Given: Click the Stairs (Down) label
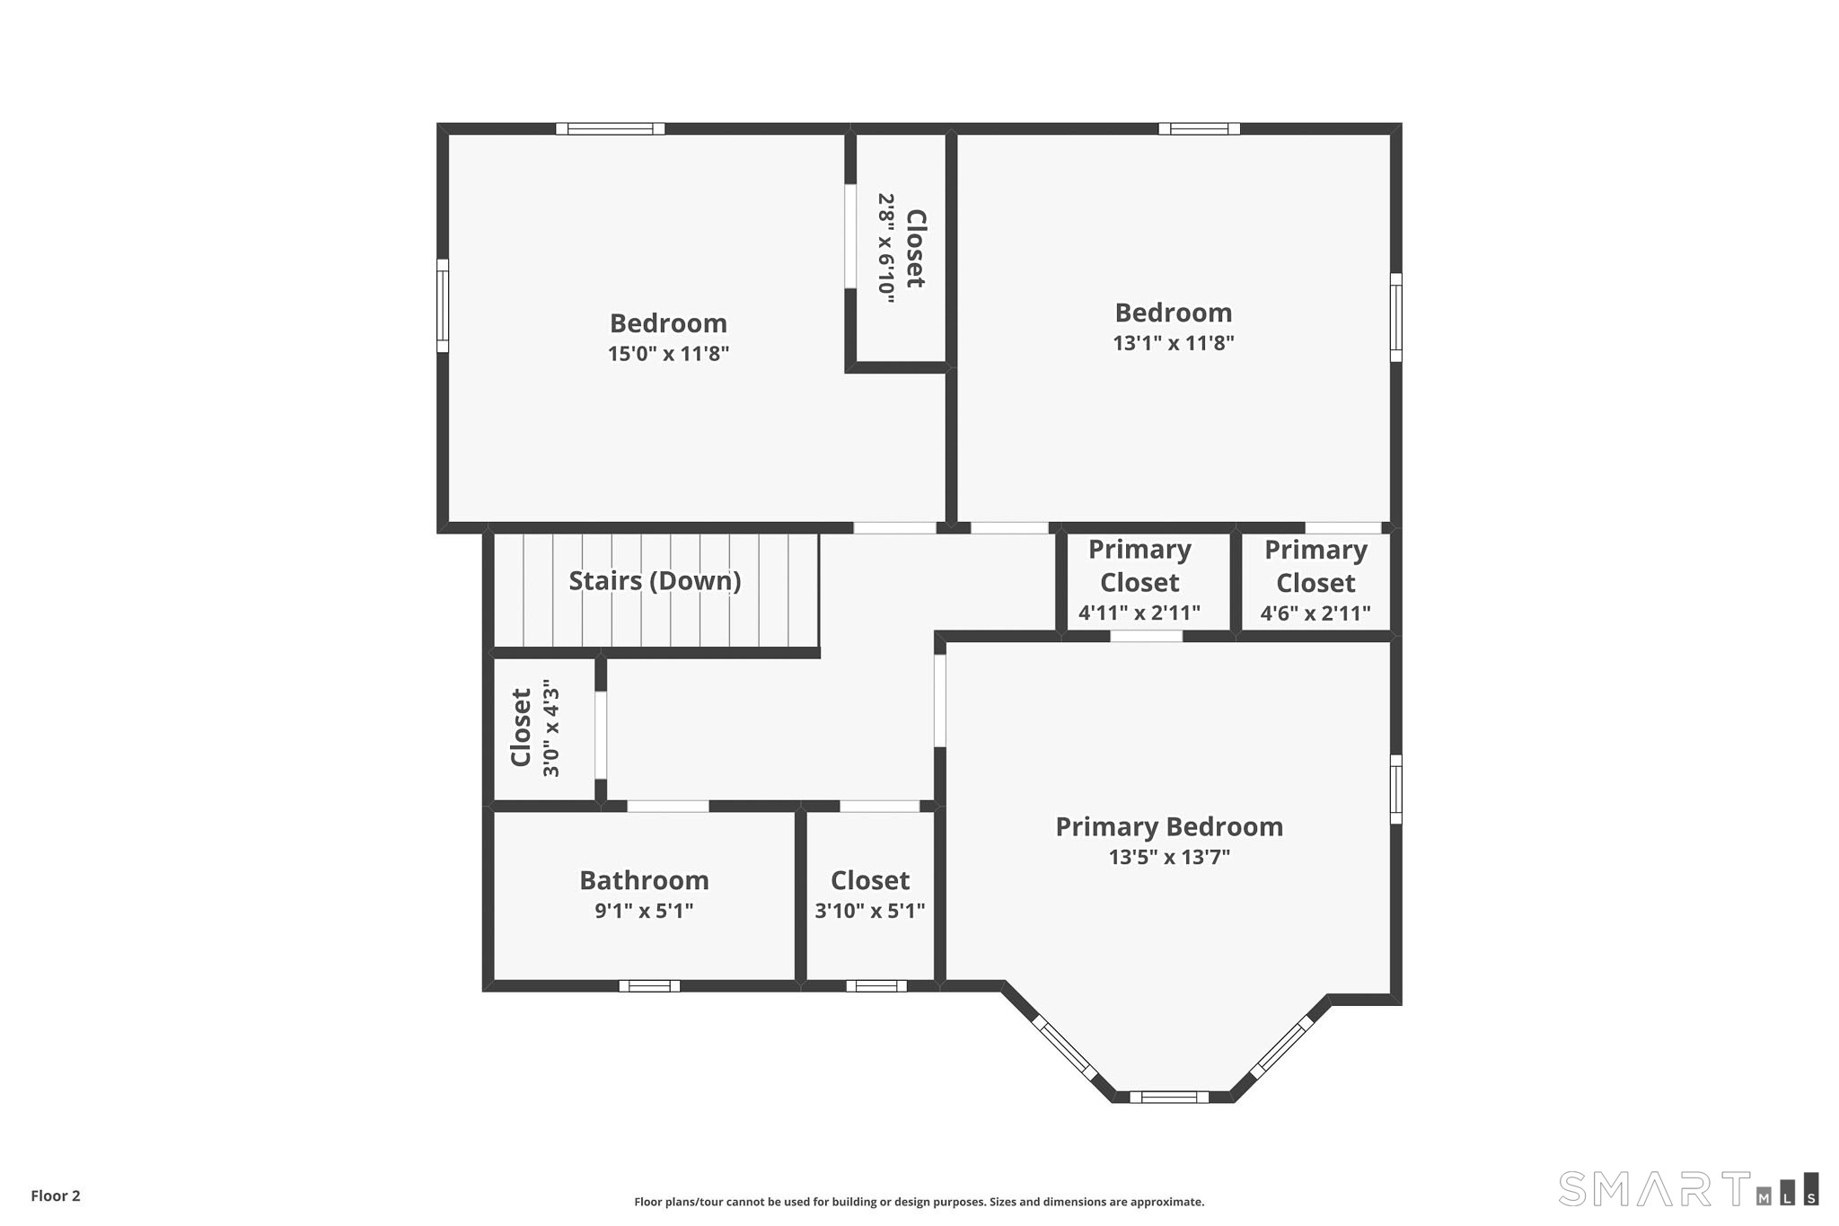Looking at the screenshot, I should coord(655,581).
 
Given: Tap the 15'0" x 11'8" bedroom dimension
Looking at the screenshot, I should coord(668,354).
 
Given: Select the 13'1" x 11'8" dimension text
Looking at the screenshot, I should coord(1173,343).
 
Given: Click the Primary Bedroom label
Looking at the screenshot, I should coord(1168,826).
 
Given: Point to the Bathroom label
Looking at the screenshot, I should coord(644,880).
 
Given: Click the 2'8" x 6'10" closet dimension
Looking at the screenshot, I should coord(886,248).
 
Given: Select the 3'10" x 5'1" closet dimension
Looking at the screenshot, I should coord(869,911).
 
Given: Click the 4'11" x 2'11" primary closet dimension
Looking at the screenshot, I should coord(1139,613).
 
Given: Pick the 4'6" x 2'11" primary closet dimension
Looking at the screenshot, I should coord(1315,613).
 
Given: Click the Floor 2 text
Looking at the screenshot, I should coord(56,1195).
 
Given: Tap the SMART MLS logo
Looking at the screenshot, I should coord(1688,1188).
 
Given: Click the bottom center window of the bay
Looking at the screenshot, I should coord(1168,1097).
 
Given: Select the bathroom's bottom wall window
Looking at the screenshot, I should coord(649,986).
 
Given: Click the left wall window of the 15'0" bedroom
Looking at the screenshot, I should coord(443,305).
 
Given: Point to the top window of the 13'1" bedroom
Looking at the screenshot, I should coord(1199,128).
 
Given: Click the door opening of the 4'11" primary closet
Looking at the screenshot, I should coord(1146,636).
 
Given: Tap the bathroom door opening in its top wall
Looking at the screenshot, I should coord(667,806).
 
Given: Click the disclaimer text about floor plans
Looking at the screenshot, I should coord(919,1202).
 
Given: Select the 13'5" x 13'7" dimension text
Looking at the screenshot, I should coord(1168,857).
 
